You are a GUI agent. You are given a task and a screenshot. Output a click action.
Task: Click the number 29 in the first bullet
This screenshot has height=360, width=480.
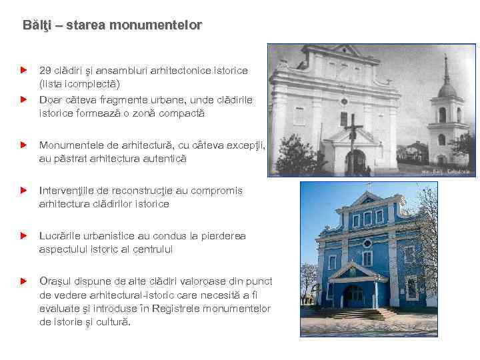pyautogui.click(x=45, y=70)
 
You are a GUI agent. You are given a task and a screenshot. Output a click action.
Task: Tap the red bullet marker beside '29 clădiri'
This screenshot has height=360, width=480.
pyautogui.click(x=23, y=69)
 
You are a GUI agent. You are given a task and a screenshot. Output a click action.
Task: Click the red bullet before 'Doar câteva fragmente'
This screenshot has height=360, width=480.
pyautogui.click(x=23, y=99)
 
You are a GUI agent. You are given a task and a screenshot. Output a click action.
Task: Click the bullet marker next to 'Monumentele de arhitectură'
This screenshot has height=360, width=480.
pyautogui.click(x=23, y=145)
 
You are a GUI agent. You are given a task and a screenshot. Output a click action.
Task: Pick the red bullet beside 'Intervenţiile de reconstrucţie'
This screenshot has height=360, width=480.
pyautogui.click(x=23, y=190)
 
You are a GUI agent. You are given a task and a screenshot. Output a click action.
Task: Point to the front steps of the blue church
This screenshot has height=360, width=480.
pyautogui.click(x=351, y=313)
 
